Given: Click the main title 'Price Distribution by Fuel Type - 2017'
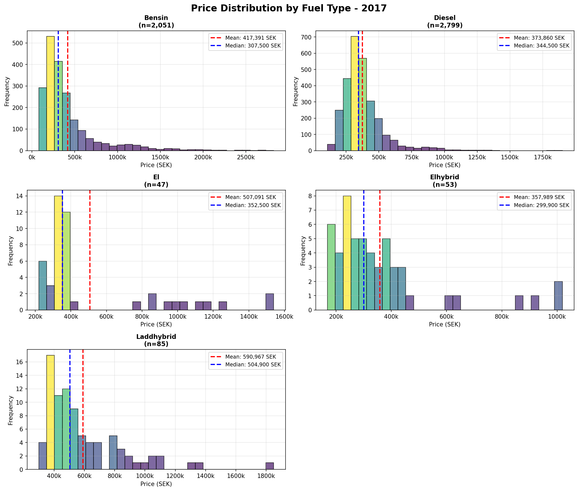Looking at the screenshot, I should [x=289, y=8].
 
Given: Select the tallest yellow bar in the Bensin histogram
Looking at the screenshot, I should [x=51, y=93].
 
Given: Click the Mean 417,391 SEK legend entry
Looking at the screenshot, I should [x=251, y=38].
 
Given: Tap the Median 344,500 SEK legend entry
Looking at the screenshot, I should [x=541, y=46].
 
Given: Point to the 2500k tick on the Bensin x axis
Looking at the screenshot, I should [x=246, y=157].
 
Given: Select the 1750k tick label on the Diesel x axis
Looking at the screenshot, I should [x=542, y=157].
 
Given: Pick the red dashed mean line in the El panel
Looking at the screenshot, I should [x=90, y=251].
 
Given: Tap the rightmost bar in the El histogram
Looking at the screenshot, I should [x=269, y=302].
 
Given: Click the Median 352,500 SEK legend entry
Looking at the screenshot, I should [x=253, y=205].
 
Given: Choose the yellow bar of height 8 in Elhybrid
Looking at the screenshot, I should [x=347, y=253].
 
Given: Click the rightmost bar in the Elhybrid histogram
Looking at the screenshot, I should [x=558, y=296].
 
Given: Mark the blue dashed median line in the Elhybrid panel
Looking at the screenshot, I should [x=364, y=251].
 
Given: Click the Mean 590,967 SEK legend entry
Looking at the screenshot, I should [x=251, y=357].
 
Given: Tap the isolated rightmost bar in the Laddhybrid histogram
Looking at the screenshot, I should [x=269, y=466].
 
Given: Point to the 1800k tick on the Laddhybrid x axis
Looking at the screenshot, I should [x=266, y=476].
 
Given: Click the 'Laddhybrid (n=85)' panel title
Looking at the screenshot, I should [x=156, y=340].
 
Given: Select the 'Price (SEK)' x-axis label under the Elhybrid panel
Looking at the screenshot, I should [x=445, y=324].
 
